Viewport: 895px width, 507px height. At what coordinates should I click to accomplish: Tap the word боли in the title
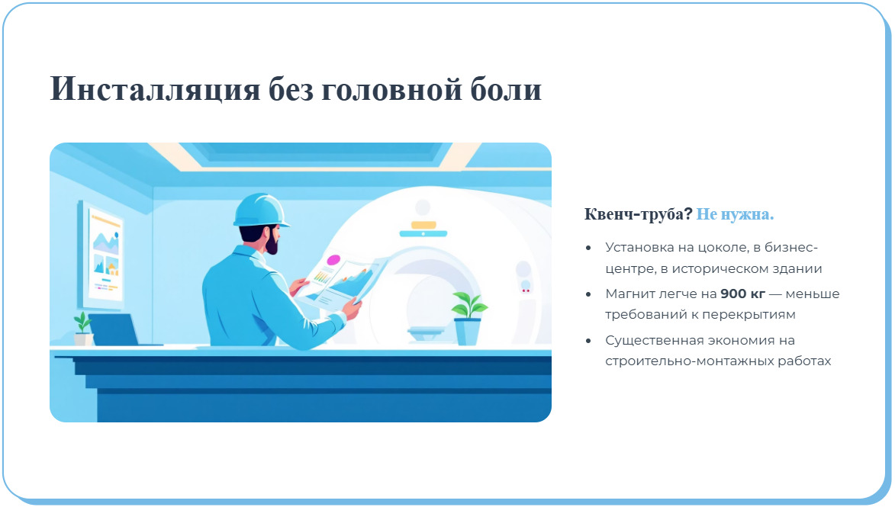(x=507, y=89)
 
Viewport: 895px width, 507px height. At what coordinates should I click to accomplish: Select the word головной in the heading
(x=394, y=89)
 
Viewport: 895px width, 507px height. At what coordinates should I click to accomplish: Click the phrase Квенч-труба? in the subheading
(x=638, y=214)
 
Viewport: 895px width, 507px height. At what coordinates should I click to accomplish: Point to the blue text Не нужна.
(x=735, y=214)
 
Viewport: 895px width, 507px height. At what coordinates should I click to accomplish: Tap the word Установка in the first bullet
(x=637, y=247)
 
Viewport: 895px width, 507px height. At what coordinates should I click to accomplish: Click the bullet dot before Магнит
(x=588, y=294)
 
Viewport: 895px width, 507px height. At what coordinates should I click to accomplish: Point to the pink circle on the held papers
(x=333, y=260)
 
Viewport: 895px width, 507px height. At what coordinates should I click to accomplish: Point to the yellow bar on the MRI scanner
(x=423, y=225)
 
